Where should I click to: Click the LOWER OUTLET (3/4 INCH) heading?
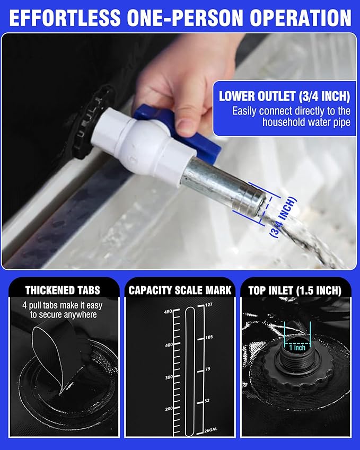pyautogui.click(x=284, y=96)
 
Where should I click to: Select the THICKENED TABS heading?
pyautogui.click(x=62, y=290)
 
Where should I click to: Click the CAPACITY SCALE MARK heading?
pyautogui.click(x=180, y=290)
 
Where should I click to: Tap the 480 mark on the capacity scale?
pyautogui.click(x=168, y=312)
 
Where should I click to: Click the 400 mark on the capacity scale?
pyautogui.click(x=168, y=345)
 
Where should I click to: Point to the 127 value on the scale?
pyautogui.click(x=208, y=304)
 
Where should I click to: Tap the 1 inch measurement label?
pyautogui.click(x=298, y=348)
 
